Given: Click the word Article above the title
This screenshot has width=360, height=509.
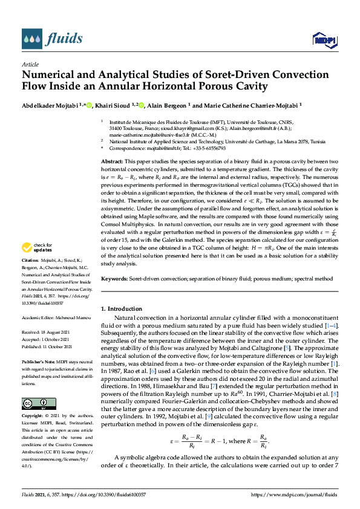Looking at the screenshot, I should pos(30,64).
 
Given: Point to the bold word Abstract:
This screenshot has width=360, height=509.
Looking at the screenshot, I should pos(112,163).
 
